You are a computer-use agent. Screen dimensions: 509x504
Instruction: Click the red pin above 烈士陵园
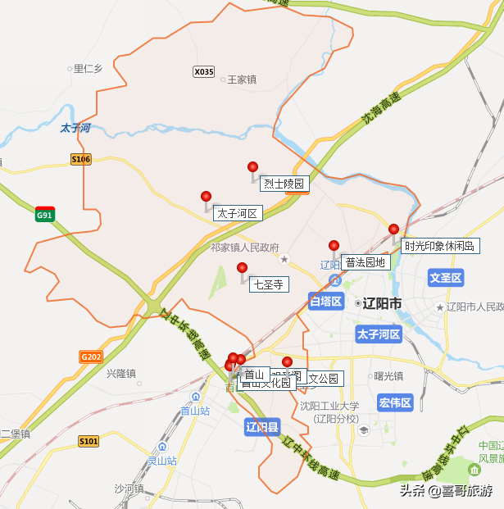click(252, 167)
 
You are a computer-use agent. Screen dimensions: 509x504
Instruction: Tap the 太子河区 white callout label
click(237, 214)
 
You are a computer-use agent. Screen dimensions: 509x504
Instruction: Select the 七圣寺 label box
click(268, 284)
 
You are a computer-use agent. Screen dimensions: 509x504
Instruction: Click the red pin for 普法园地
click(334, 246)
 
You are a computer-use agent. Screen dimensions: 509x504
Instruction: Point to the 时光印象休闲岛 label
click(441, 246)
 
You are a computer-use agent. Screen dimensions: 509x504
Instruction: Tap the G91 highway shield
click(44, 216)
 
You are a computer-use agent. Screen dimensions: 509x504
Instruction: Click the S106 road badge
click(80, 159)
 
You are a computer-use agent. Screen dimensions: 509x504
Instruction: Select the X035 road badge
click(203, 72)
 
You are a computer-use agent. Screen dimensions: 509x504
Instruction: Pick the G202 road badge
click(91, 357)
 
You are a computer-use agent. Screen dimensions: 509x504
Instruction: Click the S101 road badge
click(89, 442)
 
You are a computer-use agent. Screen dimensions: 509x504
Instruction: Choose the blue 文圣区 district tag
click(446, 279)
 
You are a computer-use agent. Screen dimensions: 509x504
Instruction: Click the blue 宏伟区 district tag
click(395, 402)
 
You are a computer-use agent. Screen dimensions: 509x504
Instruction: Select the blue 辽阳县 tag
click(262, 427)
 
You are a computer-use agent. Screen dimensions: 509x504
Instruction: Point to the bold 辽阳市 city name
click(383, 303)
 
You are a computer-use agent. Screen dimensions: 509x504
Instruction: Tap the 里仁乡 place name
click(88, 69)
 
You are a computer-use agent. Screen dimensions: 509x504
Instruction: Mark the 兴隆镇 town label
click(120, 373)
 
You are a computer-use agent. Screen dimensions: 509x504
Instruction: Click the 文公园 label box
click(323, 379)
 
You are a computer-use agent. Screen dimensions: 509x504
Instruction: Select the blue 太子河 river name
click(75, 129)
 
